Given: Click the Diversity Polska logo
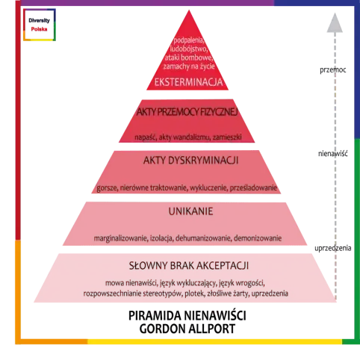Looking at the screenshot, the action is coord(40,25).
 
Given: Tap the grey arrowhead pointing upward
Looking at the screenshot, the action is coord(335,23).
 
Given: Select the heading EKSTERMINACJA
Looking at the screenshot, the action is coord(188,82).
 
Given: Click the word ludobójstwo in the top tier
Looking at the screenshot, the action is coord(188,49).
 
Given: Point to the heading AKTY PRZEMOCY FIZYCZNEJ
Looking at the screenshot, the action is coord(187,112).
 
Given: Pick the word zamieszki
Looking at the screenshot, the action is coord(227,137).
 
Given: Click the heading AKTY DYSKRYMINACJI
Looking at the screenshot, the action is coord(191,161).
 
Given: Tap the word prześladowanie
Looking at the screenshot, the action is coord(253,187).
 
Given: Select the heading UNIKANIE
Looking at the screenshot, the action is coord(190,211).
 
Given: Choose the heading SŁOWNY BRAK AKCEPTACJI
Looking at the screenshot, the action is coord(189,266).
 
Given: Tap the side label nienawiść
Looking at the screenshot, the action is coord(333,154).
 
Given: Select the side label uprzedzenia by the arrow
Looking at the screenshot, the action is coord(333,248).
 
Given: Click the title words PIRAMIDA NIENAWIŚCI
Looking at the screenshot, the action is coord(187,316).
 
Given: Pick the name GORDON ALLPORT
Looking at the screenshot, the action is coord(187,329).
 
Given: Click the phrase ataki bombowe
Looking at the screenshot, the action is coord(188,58).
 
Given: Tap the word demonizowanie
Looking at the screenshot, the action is coord(258,238).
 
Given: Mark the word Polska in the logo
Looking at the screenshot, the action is coord(39,29).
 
